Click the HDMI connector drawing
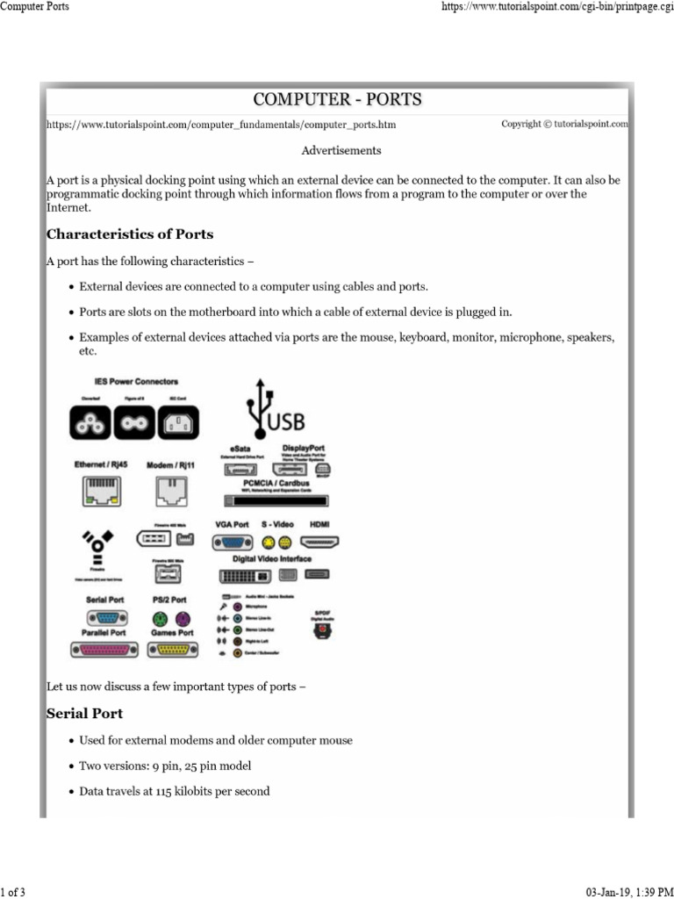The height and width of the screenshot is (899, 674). pos(320,543)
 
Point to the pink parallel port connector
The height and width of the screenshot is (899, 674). pos(103,650)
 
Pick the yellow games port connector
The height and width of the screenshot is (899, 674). pos(172,650)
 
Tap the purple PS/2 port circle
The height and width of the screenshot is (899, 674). pos(182,617)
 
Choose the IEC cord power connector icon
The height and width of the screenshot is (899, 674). pos(181,426)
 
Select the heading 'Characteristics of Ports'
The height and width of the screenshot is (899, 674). pos(129,234)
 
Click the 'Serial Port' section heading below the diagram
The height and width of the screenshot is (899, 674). pos(84,713)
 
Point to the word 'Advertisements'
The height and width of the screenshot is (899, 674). pos(341,151)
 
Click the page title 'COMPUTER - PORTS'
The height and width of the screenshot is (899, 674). pos(337,99)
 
